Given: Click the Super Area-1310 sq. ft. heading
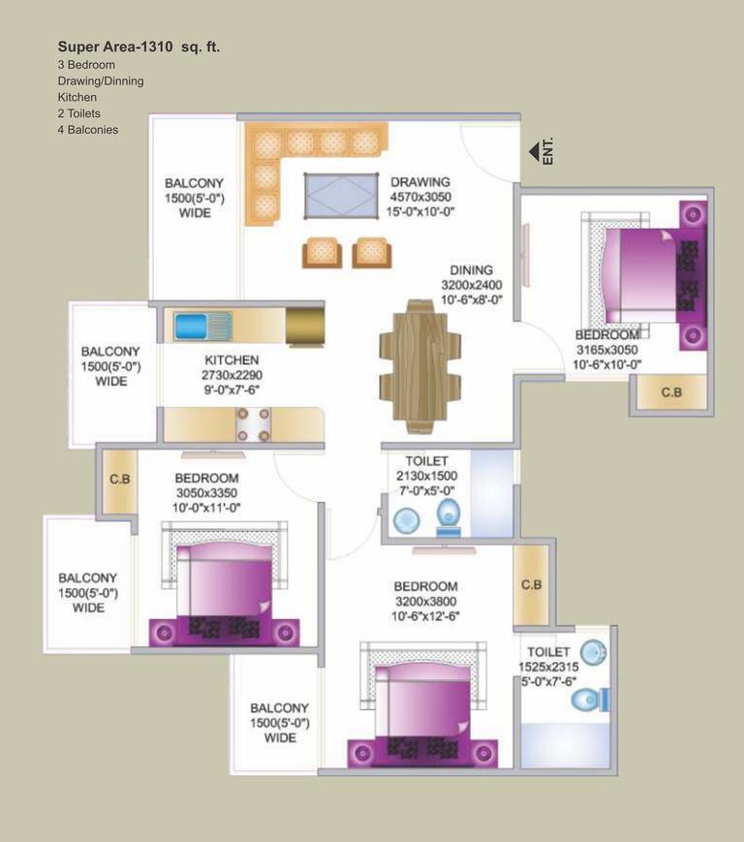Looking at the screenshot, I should (x=144, y=46).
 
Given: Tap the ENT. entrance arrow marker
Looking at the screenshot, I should (x=534, y=152).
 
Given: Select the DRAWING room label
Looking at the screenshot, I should (x=419, y=181).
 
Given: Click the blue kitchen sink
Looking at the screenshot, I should (x=202, y=326).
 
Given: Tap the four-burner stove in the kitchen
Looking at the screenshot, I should (x=254, y=423).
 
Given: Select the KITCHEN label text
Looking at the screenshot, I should (x=232, y=360).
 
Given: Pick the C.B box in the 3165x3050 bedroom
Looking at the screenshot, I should (x=669, y=392).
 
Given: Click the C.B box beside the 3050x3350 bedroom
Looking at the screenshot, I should (x=120, y=480).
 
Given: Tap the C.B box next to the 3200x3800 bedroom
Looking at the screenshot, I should (x=531, y=585).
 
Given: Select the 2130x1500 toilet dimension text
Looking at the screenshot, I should (x=426, y=476).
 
